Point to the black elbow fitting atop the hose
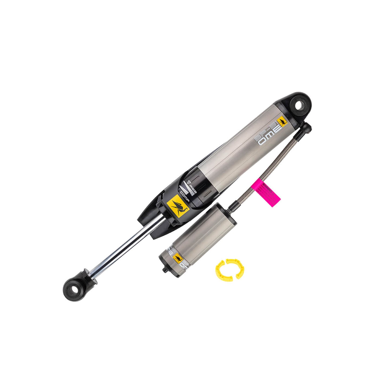[x=307, y=127]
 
